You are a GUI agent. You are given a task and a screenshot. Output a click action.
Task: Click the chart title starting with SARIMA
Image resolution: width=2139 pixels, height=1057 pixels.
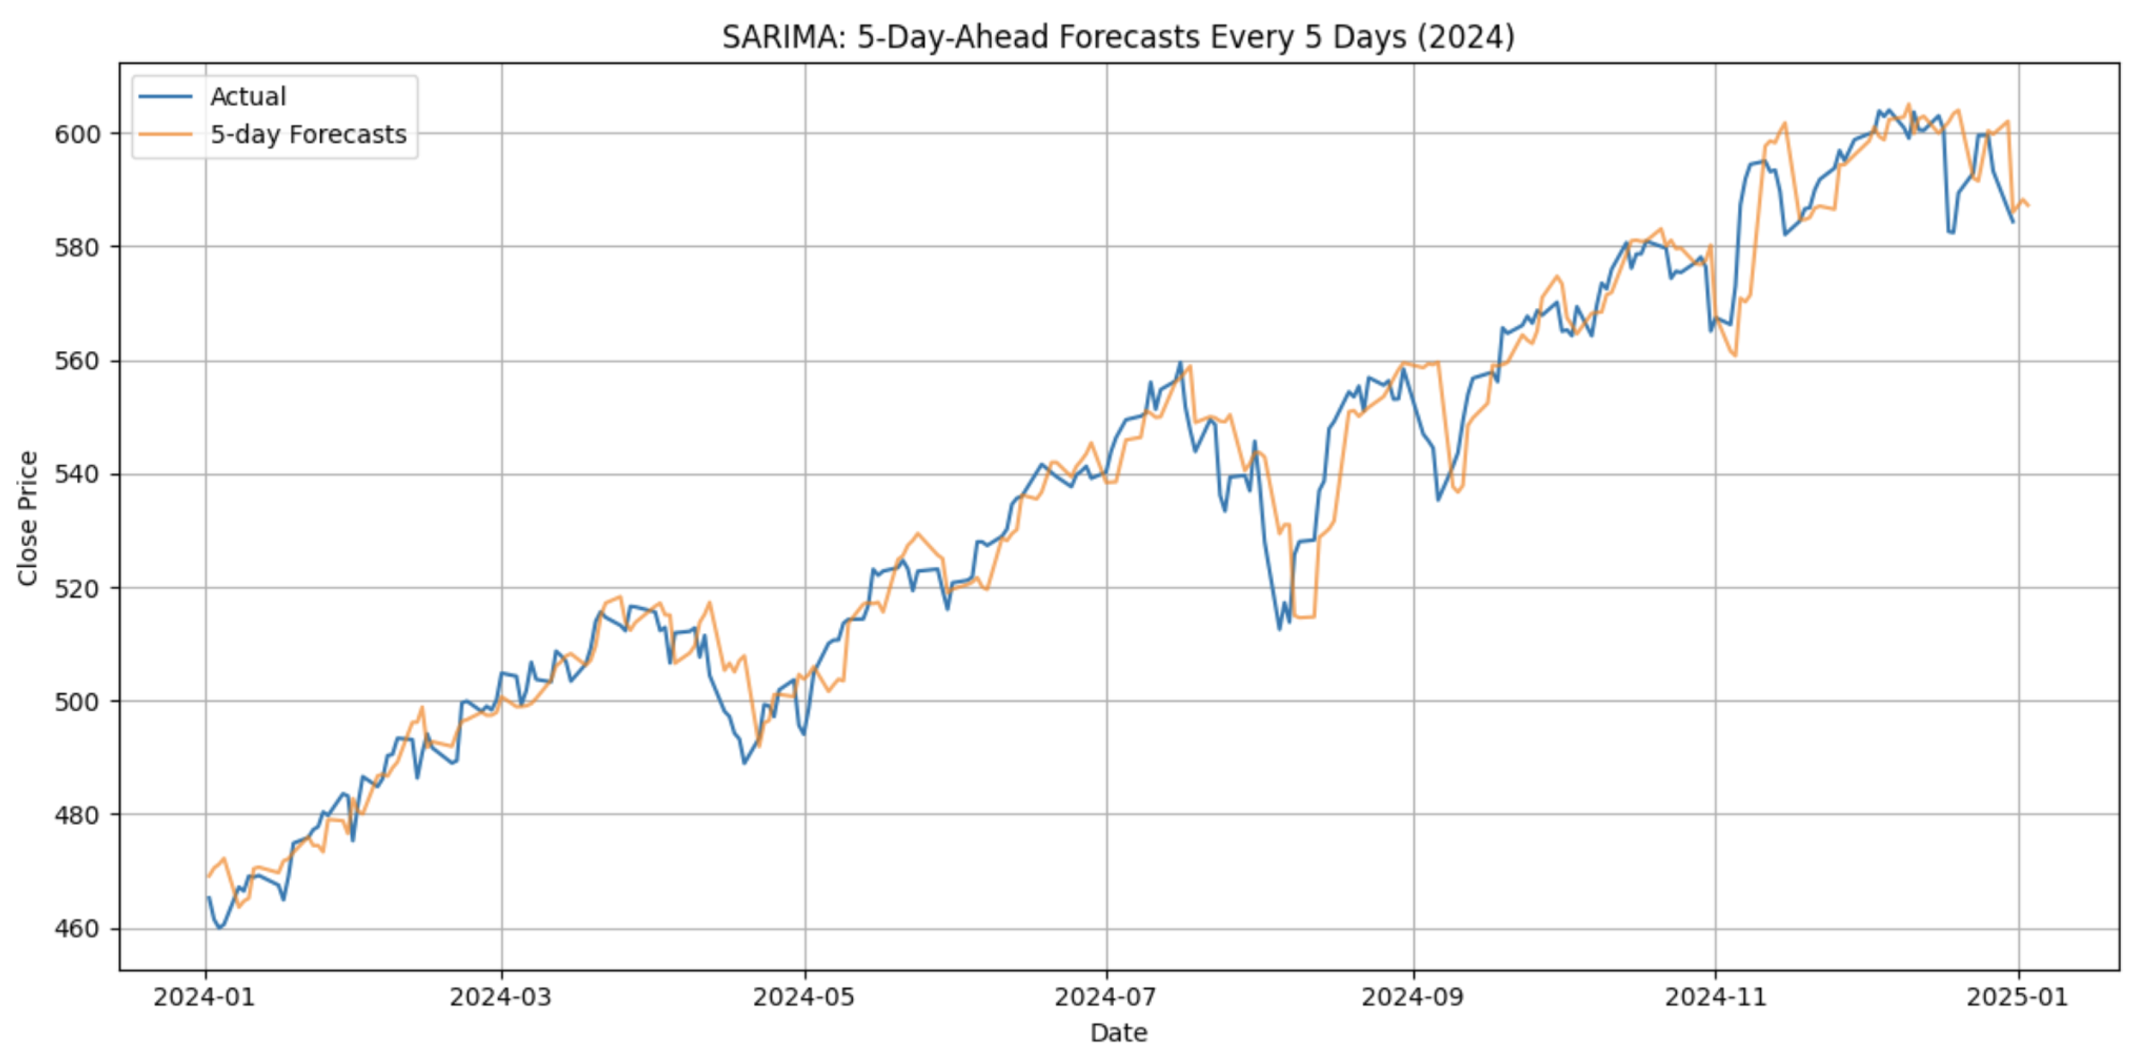1118,37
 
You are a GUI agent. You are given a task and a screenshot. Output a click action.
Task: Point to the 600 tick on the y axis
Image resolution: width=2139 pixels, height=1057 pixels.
77,134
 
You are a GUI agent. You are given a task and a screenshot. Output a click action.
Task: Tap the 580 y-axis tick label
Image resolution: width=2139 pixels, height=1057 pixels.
77,248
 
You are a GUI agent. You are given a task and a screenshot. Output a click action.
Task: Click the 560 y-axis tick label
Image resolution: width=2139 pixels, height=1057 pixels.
77,361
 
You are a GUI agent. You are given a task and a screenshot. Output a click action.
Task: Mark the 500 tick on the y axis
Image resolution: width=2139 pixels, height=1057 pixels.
77,701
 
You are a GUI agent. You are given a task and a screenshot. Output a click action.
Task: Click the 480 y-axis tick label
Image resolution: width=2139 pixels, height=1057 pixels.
77,815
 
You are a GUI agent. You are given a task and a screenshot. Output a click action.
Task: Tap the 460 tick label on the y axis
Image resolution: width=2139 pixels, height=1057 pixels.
77,928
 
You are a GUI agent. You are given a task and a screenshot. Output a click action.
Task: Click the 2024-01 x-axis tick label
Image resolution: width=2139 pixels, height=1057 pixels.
205,997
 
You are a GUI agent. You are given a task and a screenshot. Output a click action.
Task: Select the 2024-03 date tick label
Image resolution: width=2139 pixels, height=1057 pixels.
501,997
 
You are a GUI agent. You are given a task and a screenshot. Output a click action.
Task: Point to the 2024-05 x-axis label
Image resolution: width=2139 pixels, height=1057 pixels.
804,997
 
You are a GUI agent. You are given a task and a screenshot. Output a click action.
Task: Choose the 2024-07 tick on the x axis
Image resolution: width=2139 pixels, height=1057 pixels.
1106,997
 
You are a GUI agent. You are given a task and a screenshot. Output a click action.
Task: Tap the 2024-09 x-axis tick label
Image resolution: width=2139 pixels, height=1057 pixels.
1413,997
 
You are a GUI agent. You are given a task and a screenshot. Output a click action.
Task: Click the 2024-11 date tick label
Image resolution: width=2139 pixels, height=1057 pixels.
1715,997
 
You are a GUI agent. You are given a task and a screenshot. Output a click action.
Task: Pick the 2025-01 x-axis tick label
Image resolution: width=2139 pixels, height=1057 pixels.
2018,997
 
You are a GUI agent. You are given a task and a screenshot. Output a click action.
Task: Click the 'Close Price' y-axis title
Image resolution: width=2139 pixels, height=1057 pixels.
28,518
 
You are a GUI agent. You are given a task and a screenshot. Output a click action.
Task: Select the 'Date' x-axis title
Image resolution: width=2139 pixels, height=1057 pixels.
1118,1033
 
